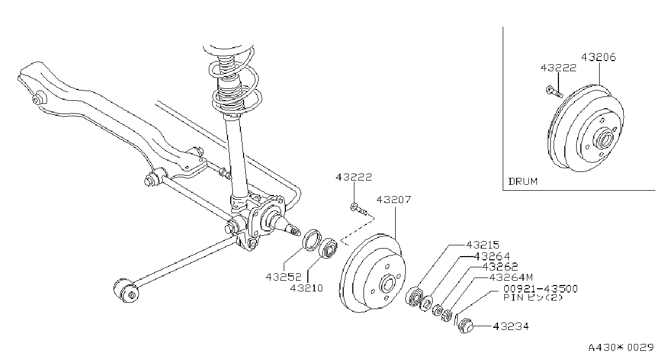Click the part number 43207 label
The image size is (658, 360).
(x=394, y=200)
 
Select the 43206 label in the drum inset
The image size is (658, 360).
(x=599, y=57)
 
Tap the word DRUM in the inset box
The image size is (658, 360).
(x=523, y=182)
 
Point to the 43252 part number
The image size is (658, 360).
(x=283, y=277)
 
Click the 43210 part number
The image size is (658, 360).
(x=306, y=288)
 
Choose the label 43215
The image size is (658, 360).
(x=483, y=245)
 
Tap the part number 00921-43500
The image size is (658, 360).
(x=541, y=289)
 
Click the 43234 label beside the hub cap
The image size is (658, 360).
(x=511, y=326)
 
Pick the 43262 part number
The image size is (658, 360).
(x=500, y=267)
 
